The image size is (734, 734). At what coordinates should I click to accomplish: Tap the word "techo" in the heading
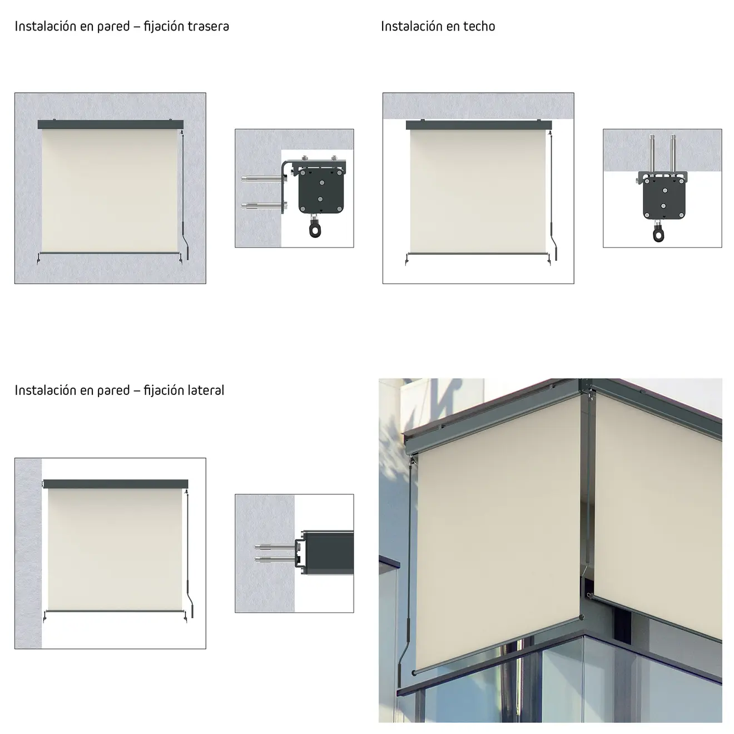click(x=479, y=26)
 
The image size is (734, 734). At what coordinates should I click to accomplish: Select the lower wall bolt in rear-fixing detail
click(x=264, y=206)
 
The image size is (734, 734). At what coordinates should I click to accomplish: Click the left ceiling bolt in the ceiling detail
click(x=652, y=153)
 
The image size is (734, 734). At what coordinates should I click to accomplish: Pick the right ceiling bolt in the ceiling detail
click(x=673, y=153)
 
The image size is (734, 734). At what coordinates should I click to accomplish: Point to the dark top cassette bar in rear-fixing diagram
click(x=111, y=125)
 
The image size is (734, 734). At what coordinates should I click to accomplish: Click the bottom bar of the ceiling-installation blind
click(x=478, y=254)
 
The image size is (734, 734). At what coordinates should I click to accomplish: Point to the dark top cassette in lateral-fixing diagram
click(x=116, y=484)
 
